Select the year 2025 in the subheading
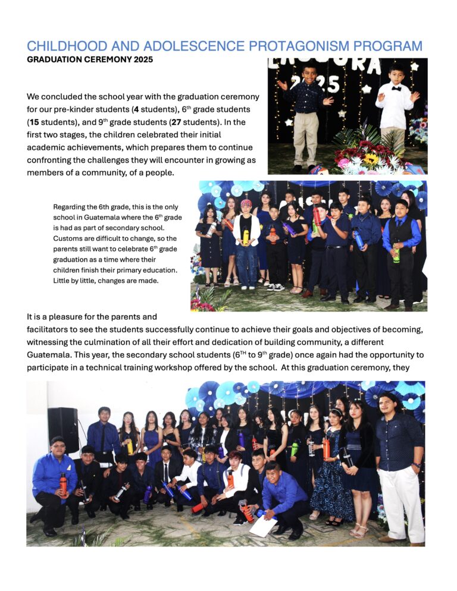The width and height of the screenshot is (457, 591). [142, 59]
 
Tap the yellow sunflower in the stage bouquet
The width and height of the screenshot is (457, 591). [371, 159]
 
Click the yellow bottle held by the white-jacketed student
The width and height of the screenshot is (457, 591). [245, 237]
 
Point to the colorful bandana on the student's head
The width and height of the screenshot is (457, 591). [246, 203]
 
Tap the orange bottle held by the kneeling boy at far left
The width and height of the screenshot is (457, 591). [63, 483]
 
